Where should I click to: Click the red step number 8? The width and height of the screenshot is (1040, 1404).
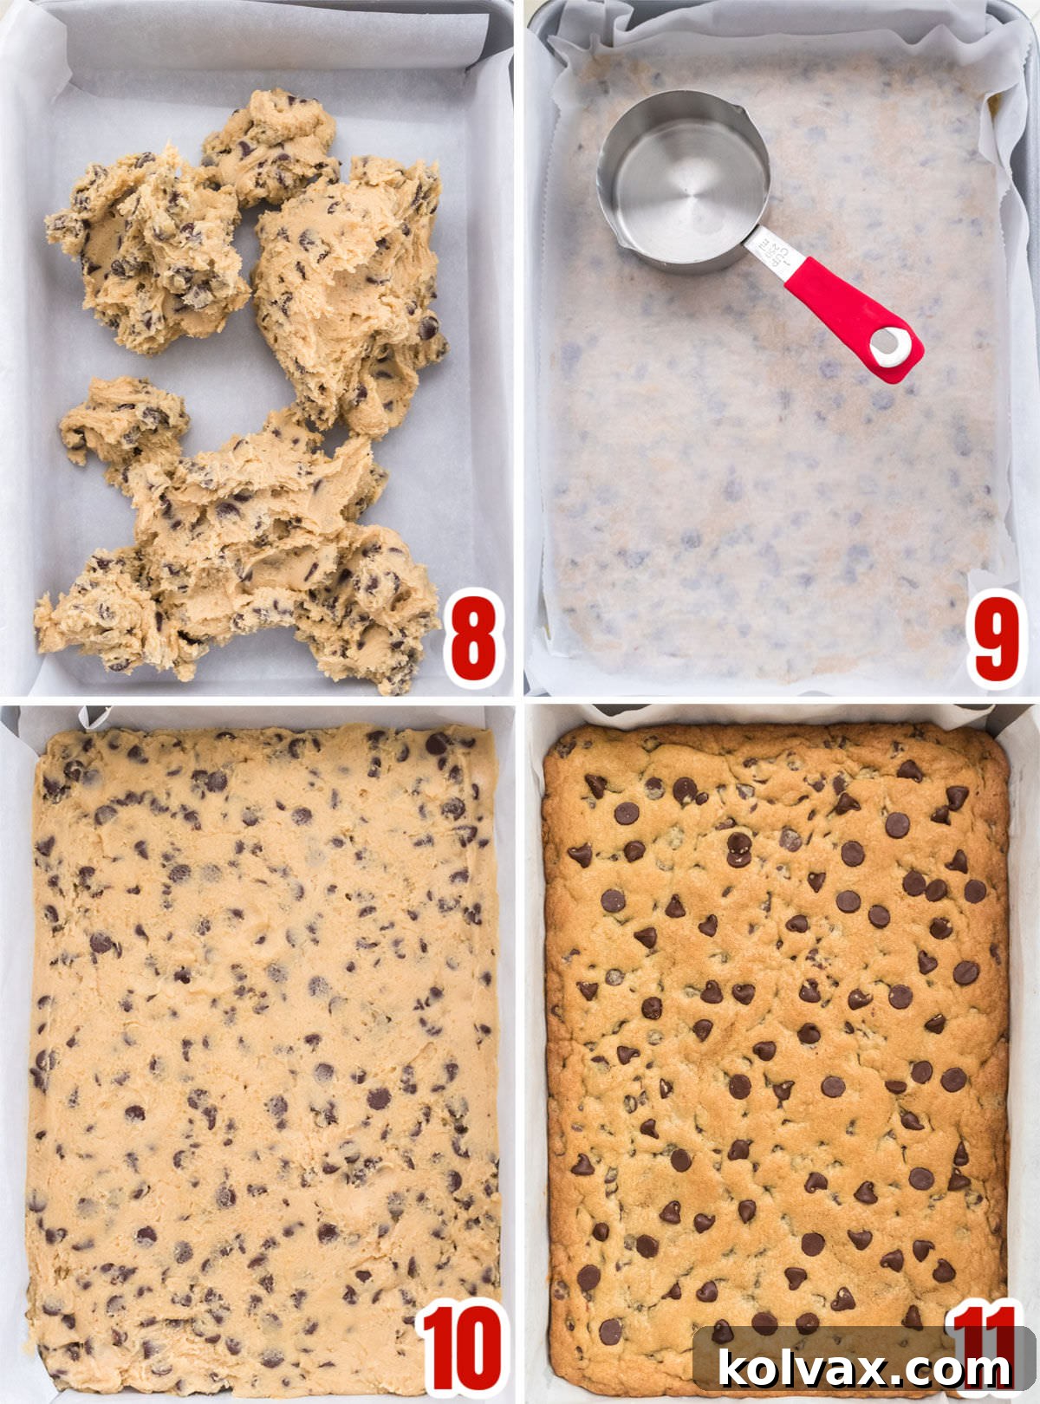pyautogui.click(x=473, y=640)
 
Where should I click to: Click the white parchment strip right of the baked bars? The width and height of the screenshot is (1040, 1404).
pyautogui.click(x=1023, y=1040)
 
